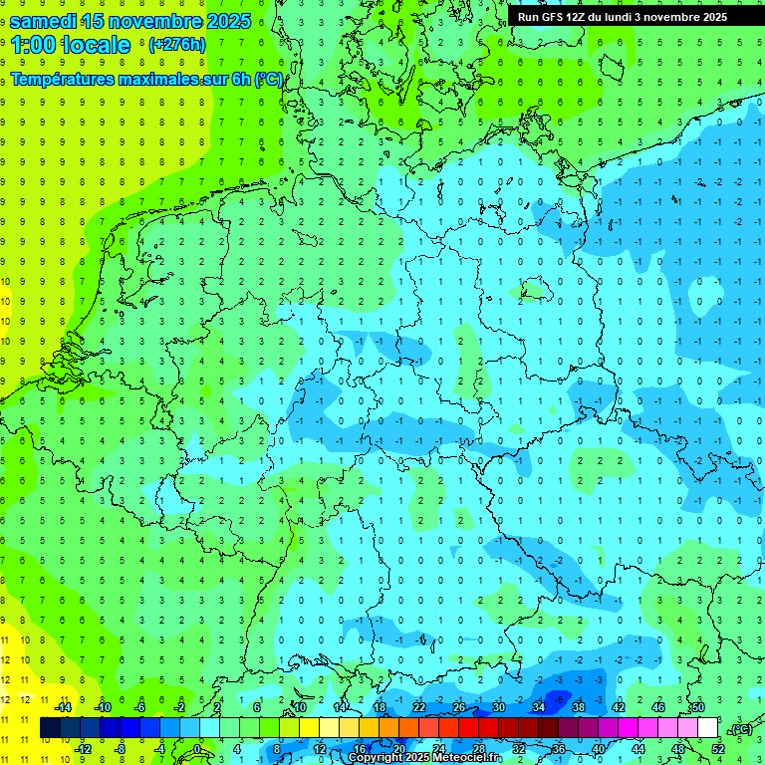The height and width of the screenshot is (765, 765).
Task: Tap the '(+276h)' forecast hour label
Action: [x=177, y=44]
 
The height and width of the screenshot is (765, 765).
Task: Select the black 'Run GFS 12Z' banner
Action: [x=623, y=17]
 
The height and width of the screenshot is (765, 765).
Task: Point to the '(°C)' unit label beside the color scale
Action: [x=741, y=729]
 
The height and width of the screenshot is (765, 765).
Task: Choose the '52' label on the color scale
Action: [x=718, y=749]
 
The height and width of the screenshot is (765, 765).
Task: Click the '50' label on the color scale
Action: [x=697, y=706]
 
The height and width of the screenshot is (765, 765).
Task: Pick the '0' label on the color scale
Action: [x=198, y=749]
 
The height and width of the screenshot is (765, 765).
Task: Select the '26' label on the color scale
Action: [x=459, y=706]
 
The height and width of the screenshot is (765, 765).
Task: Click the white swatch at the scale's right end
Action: [x=708, y=727]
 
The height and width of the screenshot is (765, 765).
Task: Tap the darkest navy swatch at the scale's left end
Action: [x=50, y=727]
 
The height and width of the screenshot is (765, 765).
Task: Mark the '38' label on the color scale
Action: [x=578, y=706]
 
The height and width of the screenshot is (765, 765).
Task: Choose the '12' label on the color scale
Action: [x=320, y=749]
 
